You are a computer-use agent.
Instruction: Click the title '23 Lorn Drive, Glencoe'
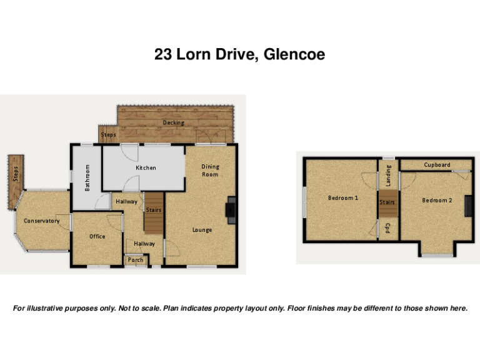[x=239, y=55]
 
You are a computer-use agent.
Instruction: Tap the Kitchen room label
[x=146, y=167]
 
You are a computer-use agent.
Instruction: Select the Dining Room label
[x=210, y=170]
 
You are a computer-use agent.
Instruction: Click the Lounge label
[x=202, y=230]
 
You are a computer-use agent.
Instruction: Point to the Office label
[x=97, y=236]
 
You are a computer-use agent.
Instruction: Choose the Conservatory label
[x=41, y=221]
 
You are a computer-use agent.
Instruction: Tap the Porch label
[x=136, y=260]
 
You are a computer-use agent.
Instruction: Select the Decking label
[x=173, y=122]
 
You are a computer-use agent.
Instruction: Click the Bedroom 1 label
[x=342, y=198]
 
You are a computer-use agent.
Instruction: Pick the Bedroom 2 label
[x=436, y=200]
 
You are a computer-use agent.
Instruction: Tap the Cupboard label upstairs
[x=436, y=165]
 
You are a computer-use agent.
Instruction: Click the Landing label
[x=388, y=175]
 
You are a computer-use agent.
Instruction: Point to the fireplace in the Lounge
[x=231, y=210]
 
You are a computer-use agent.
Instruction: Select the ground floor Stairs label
[x=154, y=210]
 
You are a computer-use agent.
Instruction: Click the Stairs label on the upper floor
[x=387, y=202]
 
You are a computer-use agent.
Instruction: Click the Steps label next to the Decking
[x=108, y=134]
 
